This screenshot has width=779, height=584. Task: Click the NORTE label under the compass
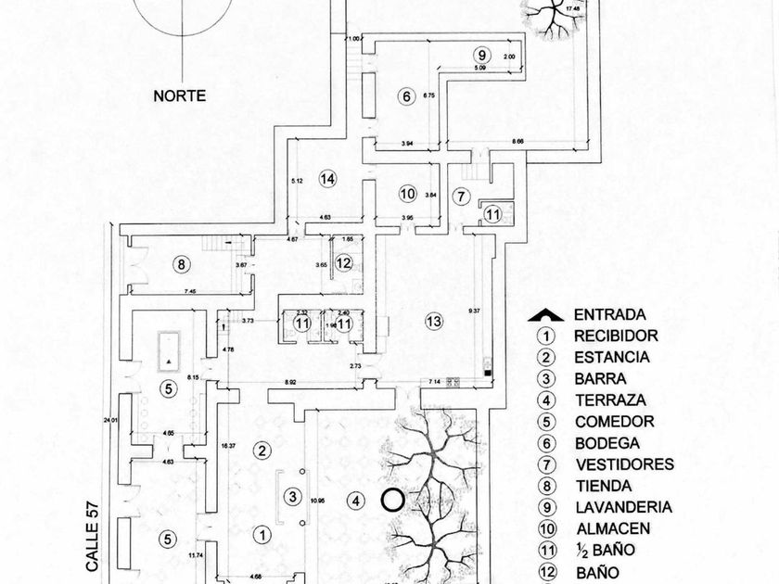[x=179, y=95]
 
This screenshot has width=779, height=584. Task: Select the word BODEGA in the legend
[x=607, y=443]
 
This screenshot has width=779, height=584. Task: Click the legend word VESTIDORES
[x=624, y=464]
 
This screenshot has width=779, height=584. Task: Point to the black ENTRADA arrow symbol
[x=547, y=315]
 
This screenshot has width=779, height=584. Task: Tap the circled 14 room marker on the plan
[x=326, y=179]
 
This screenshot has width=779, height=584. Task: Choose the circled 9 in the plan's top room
[x=480, y=54]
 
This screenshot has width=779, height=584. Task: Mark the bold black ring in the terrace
[x=392, y=501]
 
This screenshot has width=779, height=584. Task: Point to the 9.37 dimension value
[x=474, y=311]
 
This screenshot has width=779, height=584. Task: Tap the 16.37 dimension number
[x=226, y=446]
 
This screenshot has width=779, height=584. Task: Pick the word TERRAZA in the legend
[x=608, y=400]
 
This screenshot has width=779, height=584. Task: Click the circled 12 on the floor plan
[x=344, y=264]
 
